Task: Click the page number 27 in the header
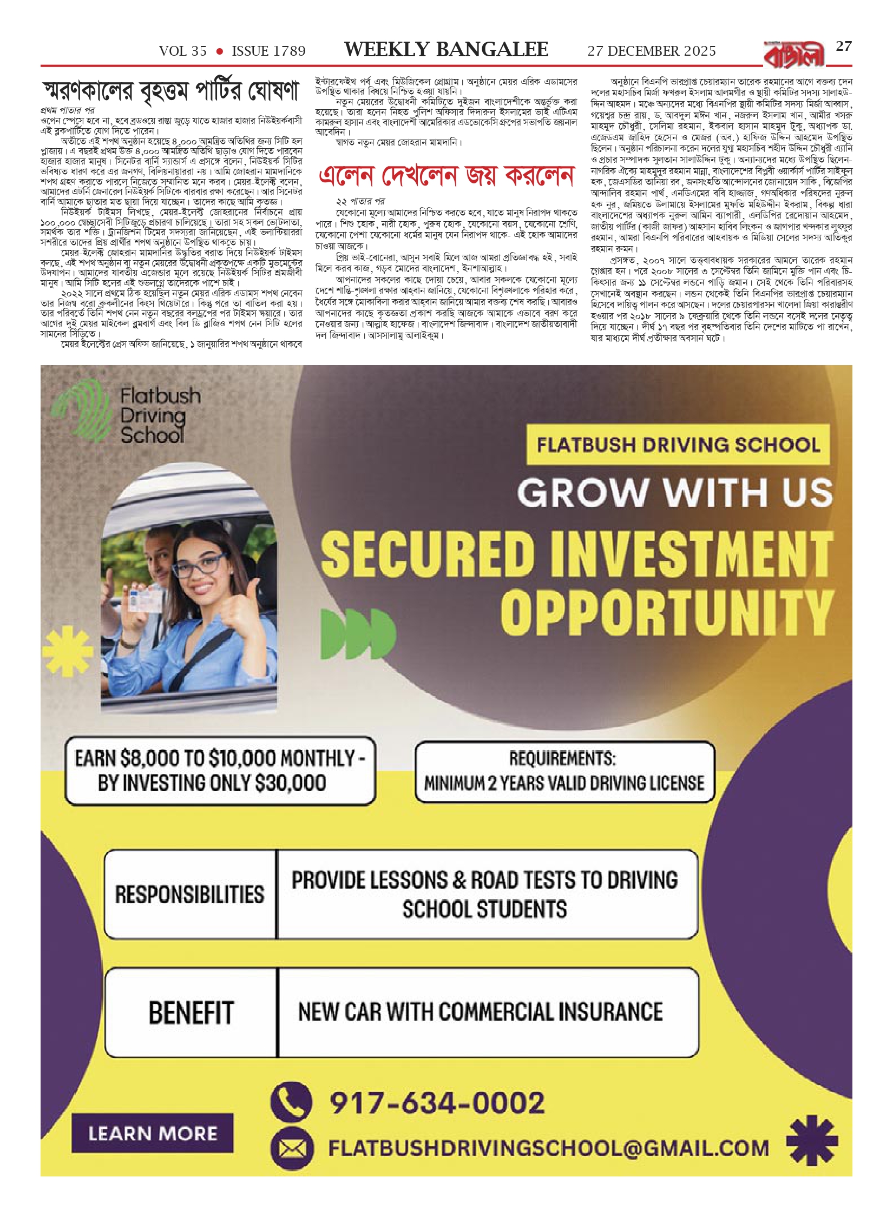point(844,47)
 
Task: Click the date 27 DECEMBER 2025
point(652,51)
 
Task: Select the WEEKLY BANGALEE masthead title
point(447,50)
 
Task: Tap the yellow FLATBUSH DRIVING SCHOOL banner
point(678,445)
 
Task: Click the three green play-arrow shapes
point(358,631)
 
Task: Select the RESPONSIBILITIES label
point(190,894)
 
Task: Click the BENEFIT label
point(191,1012)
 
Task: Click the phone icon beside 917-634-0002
point(292,1102)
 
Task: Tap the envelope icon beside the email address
point(292,1149)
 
